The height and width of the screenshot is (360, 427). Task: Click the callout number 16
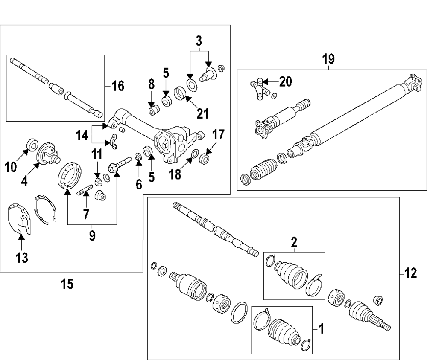[x=118, y=86]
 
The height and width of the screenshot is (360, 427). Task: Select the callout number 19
[x=329, y=59]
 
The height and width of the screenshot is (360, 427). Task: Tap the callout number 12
[x=410, y=273]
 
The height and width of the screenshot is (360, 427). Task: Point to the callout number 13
[x=21, y=258]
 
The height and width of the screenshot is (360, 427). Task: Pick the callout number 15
[x=67, y=283]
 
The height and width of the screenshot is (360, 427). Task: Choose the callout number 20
[x=285, y=81]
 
